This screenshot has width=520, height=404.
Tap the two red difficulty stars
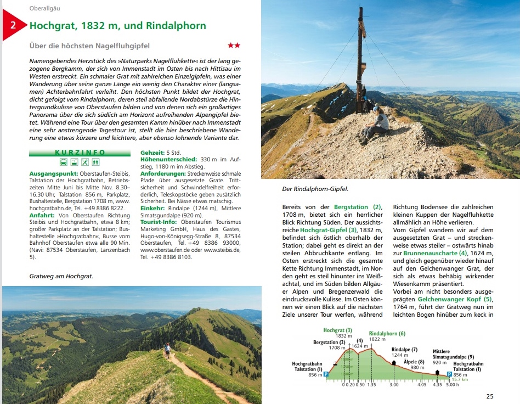click(x=234, y=46)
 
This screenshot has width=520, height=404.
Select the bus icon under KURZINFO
click(x=64, y=162)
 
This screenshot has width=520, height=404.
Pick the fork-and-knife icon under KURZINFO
click(x=85, y=162)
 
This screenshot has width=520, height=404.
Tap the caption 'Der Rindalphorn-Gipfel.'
click(x=315, y=189)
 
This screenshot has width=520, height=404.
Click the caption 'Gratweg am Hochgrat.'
click(x=61, y=276)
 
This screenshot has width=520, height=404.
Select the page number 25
click(x=490, y=396)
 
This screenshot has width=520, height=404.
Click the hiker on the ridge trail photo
click(x=168, y=350)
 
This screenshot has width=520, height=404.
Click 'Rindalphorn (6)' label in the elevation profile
click(x=387, y=334)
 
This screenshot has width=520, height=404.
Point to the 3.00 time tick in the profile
click(x=394, y=385)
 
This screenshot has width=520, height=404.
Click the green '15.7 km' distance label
click(x=461, y=379)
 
